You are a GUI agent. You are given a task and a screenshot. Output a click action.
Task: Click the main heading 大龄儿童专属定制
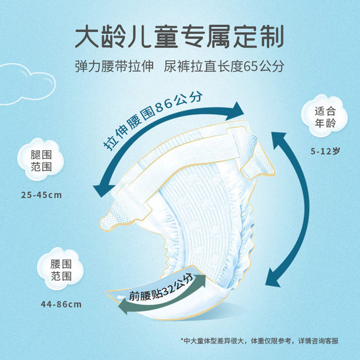[179, 37]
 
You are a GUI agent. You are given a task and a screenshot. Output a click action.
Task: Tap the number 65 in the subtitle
[251, 66]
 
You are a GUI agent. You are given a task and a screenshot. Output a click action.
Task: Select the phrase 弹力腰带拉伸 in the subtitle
[114, 66]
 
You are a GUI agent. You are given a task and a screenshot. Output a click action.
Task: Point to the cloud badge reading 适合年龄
[325, 116]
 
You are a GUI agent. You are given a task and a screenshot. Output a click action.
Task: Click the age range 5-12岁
[325, 151]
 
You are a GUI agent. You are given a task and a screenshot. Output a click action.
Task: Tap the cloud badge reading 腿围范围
[41, 160]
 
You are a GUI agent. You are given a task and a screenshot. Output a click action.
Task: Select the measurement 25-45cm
[41, 195]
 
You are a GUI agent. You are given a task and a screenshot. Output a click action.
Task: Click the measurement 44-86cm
[61, 304]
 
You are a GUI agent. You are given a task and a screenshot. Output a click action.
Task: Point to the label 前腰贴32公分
[161, 289]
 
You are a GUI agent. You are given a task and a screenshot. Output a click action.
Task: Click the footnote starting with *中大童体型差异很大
[259, 341]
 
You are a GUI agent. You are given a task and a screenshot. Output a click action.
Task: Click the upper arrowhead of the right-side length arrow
[279, 139]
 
